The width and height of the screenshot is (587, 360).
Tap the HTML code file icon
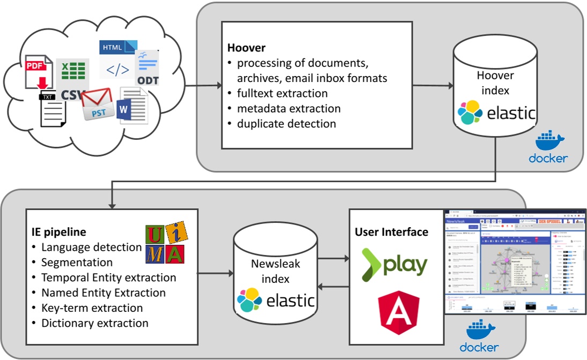tap(117, 59)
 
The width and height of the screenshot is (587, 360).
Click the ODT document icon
tap(147, 68)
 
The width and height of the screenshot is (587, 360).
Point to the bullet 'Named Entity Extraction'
tap(103, 292)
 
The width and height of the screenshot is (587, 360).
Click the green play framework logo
tap(395, 264)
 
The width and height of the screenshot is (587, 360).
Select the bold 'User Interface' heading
tap(391, 232)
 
